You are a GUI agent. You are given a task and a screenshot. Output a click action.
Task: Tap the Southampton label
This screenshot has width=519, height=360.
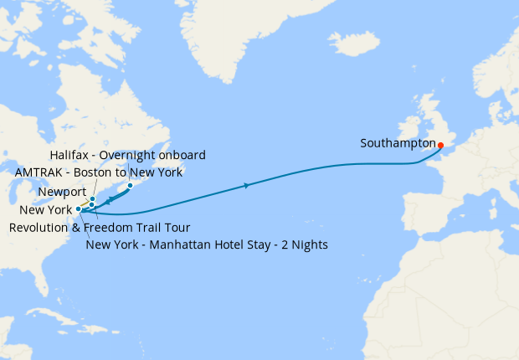click(x=396, y=143)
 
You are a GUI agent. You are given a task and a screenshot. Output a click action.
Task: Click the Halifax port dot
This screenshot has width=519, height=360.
click(x=130, y=185)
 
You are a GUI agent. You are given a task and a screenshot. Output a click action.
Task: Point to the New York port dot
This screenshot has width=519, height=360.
click(x=79, y=208)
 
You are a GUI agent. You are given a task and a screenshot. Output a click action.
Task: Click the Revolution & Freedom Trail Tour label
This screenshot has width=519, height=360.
click(x=100, y=228)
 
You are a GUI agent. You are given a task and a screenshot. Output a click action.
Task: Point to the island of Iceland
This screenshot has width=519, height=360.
click(x=351, y=42)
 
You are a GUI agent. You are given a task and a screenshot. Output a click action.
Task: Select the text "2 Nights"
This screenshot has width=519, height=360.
click(x=304, y=245)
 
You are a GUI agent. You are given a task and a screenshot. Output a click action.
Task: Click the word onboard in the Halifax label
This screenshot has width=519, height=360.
click(x=185, y=157)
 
